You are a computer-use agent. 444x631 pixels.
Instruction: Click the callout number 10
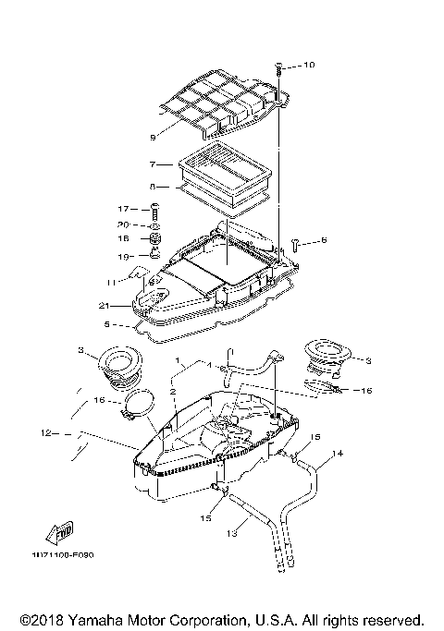309,66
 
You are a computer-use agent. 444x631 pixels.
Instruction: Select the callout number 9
153,138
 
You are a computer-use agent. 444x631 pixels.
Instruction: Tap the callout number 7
153,164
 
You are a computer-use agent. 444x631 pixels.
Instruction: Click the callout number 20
122,224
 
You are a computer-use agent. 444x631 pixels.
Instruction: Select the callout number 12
45,431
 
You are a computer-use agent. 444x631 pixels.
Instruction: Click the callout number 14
337,454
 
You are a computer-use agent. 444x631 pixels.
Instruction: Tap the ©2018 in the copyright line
38,619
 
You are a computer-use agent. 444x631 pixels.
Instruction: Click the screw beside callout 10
278,67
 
